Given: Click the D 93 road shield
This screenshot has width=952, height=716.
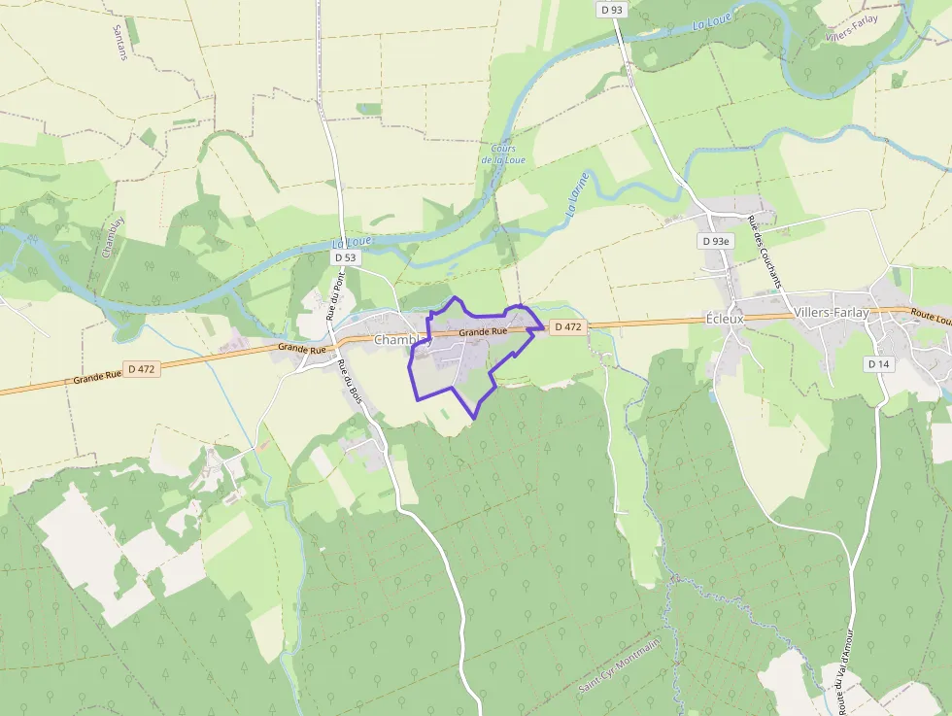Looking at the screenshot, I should [611, 9].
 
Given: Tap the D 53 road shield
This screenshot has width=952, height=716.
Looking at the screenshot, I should [346, 258].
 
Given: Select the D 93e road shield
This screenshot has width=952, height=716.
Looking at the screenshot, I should [716, 240].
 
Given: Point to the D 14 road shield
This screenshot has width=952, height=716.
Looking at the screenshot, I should [878, 363].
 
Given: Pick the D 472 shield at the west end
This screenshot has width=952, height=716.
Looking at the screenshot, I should [141, 369].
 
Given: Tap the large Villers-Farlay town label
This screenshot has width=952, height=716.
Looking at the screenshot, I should [831, 313].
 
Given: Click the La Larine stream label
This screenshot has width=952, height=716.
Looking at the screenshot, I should [578, 192].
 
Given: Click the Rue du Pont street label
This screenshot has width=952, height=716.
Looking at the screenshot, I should [335, 295].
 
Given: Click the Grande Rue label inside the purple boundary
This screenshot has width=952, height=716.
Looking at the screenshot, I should [483, 332].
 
